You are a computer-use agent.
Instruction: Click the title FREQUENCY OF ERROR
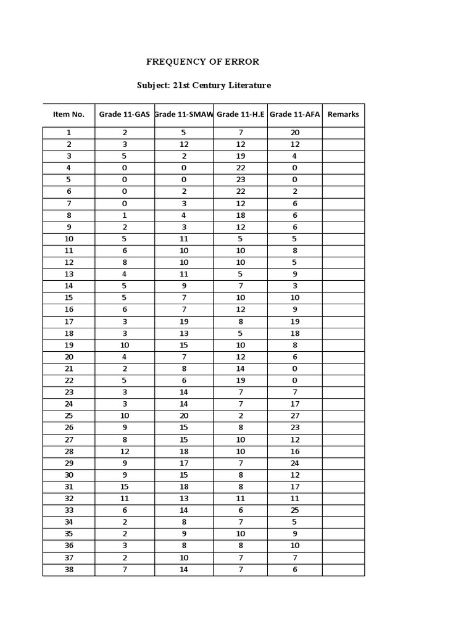click(202, 62)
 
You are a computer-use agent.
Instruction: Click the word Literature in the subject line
click(245, 85)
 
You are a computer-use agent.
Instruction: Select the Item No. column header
click(69, 114)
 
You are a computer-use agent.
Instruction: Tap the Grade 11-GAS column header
click(125, 114)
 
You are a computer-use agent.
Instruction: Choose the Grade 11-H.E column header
click(240, 114)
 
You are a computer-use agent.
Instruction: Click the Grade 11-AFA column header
click(294, 114)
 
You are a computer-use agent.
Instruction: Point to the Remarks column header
click(343, 114)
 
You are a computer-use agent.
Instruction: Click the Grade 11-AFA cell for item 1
click(294, 133)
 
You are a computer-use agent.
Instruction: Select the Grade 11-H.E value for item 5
click(241, 180)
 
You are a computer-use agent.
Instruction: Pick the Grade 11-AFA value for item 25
click(294, 416)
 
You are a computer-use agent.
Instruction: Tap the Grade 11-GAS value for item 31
click(125, 487)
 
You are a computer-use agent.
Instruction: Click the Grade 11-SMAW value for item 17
click(184, 322)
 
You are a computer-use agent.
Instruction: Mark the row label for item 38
click(69, 570)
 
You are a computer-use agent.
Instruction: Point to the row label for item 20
click(69, 357)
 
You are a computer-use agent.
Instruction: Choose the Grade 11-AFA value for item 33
click(294, 510)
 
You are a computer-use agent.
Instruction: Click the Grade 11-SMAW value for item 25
click(184, 416)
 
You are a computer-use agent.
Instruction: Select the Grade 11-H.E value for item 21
click(241, 368)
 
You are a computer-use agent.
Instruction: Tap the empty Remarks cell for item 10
click(343, 239)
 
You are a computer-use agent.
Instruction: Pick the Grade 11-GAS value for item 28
click(125, 451)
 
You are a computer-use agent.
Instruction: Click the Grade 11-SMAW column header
click(184, 114)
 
